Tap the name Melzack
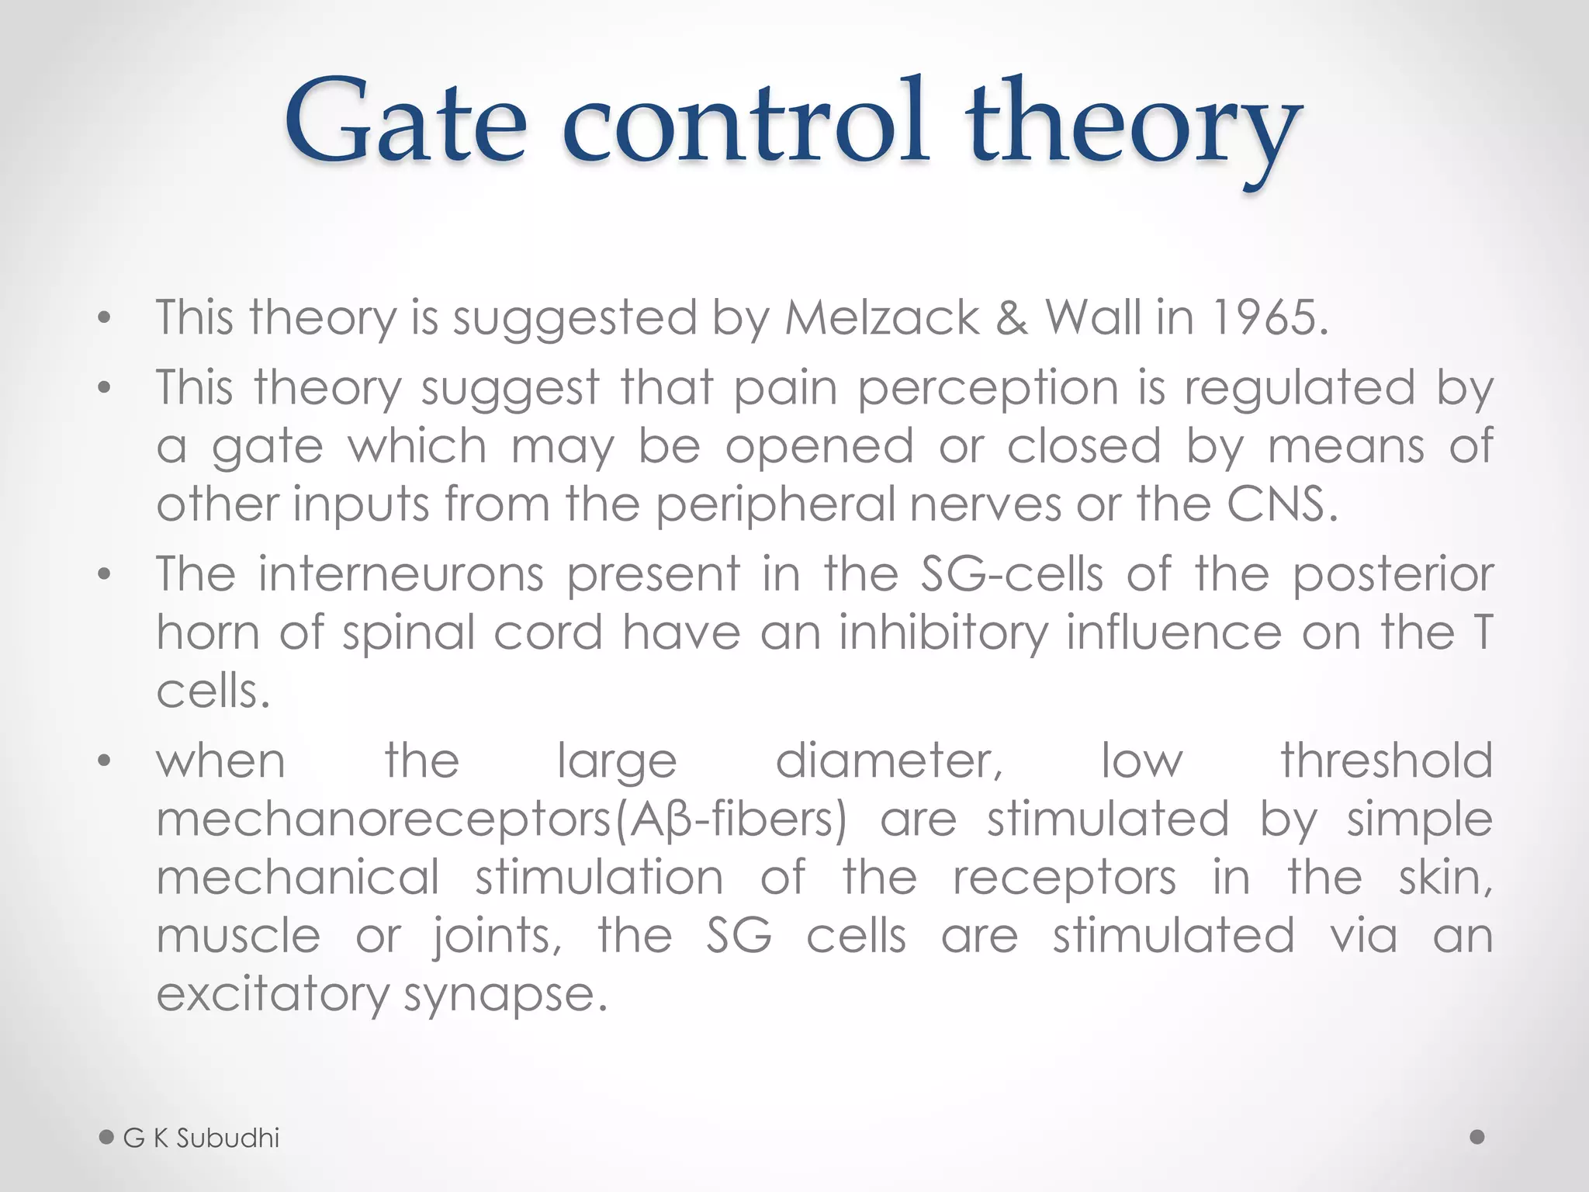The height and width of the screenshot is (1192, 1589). click(882, 318)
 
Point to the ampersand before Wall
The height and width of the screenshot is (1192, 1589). click(1012, 318)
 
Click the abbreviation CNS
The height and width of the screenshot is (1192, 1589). click(1282, 504)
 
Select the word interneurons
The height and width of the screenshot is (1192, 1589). click(400, 574)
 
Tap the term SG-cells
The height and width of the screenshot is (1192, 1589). click(1011, 574)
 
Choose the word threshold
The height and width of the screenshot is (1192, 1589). click(1386, 761)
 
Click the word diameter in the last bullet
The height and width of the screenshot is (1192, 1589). click(889, 761)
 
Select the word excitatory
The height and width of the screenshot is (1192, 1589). click(272, 995)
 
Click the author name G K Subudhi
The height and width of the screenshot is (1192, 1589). click(201, 1138)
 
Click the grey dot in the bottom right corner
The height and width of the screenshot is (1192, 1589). click(1477, 1137)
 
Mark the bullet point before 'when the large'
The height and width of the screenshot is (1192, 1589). click(105, 761)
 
